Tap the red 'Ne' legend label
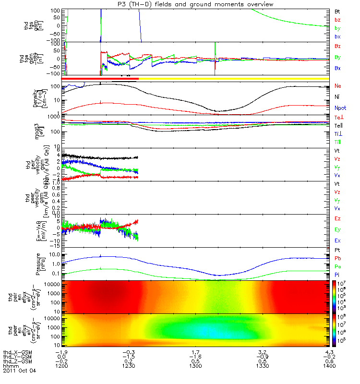[x=338, y=86]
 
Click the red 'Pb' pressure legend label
[x=338, y=258]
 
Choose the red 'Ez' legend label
[x=338, y=219]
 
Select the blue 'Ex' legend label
[x=338, y=240]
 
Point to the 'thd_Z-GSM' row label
[x=18, y=361]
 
